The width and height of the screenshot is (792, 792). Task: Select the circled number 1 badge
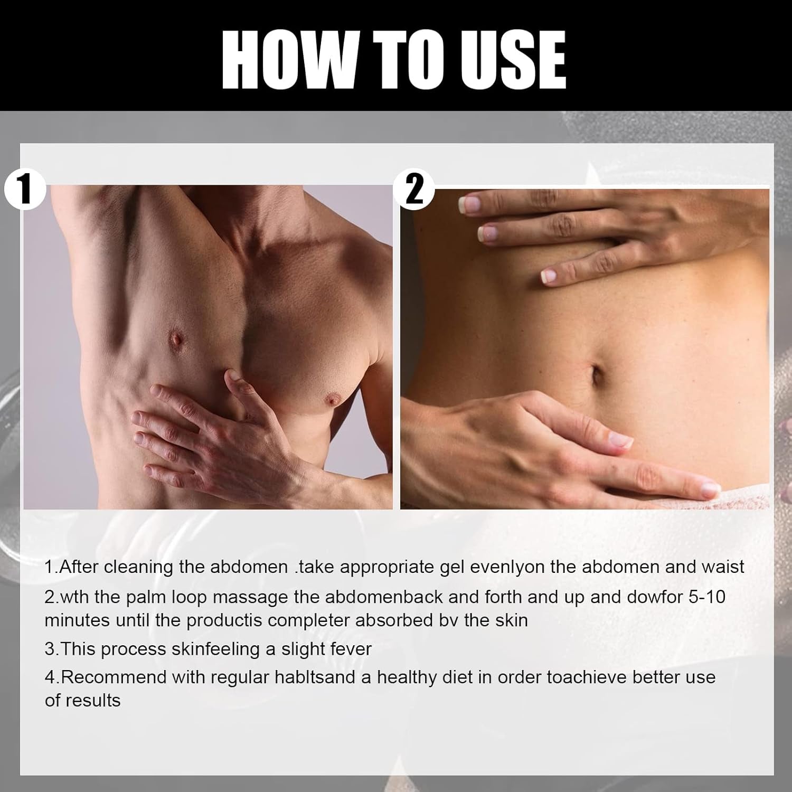pos(24,189)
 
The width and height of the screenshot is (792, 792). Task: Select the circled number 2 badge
pos(414,189)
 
